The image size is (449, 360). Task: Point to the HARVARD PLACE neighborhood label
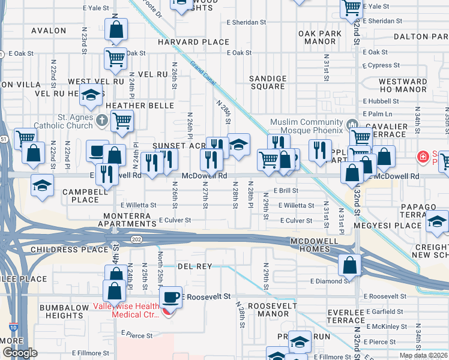coord(193,42)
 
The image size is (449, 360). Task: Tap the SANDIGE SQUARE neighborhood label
coord(268,82)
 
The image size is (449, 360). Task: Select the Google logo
coord(20,353)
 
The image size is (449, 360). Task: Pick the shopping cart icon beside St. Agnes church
coord(122,121)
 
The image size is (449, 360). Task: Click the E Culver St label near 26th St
coord(175,220)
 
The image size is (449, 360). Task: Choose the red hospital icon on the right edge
coord(423,157)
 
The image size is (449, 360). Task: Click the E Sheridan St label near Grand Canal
coord(246,22)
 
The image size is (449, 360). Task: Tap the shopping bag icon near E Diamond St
coord(349,265)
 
